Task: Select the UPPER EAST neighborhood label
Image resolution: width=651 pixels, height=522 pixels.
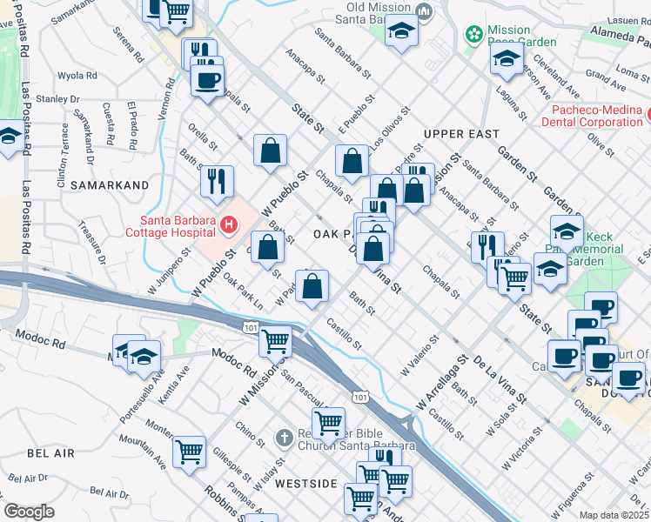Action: tap(461, 134)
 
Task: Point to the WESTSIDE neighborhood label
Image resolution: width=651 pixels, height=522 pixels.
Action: tap(305, 482)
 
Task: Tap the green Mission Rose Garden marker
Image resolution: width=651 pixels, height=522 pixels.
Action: tap(474, 35)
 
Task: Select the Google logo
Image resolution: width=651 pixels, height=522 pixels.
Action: tap(29, 512)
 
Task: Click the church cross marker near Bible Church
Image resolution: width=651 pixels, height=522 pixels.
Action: tap(284, 438)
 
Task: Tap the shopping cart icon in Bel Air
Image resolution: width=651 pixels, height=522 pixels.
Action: tap(189, 452)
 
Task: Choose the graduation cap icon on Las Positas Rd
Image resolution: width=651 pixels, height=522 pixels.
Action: tap(10, 137)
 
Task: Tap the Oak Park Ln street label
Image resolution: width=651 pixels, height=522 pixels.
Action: tap(242, 292)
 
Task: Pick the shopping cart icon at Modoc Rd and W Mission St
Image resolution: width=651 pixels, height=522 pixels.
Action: tap(276, 341)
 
